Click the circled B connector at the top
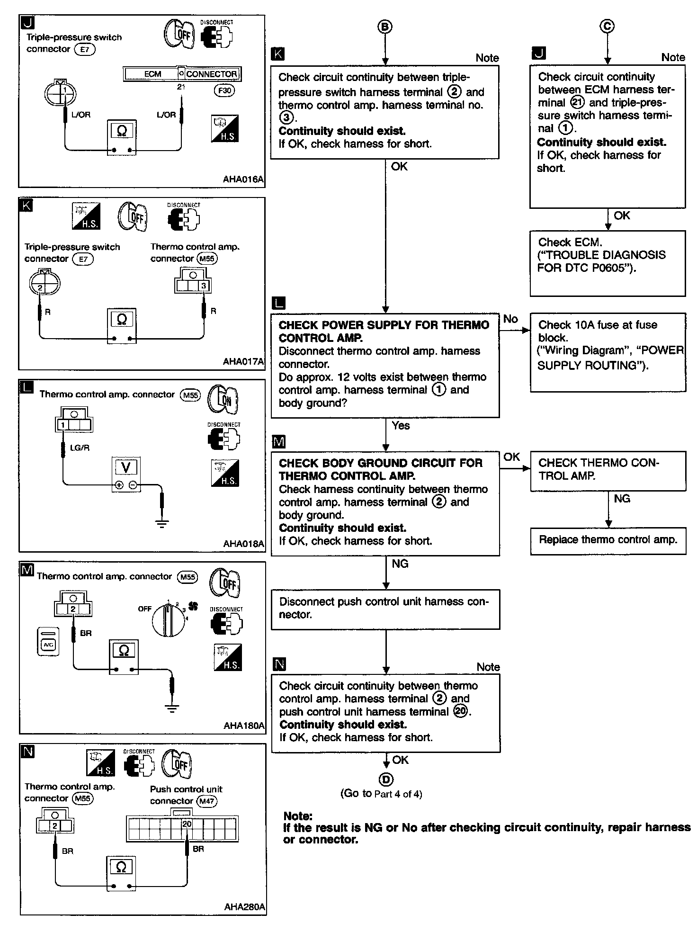[385, 27]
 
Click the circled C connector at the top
[607, 27]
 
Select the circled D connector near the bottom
[386, 779]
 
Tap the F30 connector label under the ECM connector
[224, 90]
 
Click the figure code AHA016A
[243, 179]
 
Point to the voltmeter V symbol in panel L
[125, 468]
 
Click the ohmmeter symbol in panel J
[122, 131]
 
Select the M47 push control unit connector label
[207, 801]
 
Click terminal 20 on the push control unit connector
[187, 824]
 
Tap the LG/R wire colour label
[80, 448]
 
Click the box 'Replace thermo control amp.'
[608, 540]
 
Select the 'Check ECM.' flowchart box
[608, 263]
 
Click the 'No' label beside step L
[510, 319]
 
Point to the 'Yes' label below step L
[401, 426]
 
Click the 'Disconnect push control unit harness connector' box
[385, 609]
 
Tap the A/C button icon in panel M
[48, 642]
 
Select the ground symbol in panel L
[162, 523]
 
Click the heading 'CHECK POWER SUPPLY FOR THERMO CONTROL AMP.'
[384, 331]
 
